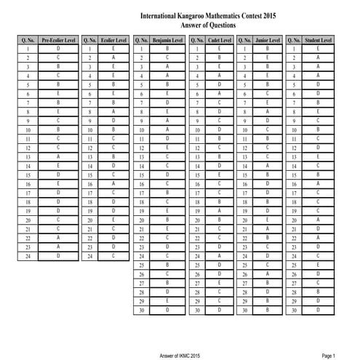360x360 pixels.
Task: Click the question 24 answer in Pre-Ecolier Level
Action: (x=57, y=256)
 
